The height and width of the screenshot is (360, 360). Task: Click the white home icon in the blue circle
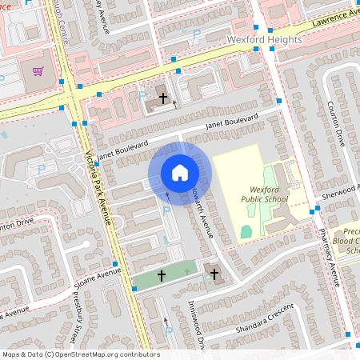[179, 172]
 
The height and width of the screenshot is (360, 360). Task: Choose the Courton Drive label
[341, 127]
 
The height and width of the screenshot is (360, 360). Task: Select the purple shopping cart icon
[38, 71]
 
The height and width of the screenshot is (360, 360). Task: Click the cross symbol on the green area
[161, 275]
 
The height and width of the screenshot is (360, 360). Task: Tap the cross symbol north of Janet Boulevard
[163, 98]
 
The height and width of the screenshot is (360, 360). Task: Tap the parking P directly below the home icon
[166, 210]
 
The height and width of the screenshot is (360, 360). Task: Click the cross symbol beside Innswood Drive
[214, 274]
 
